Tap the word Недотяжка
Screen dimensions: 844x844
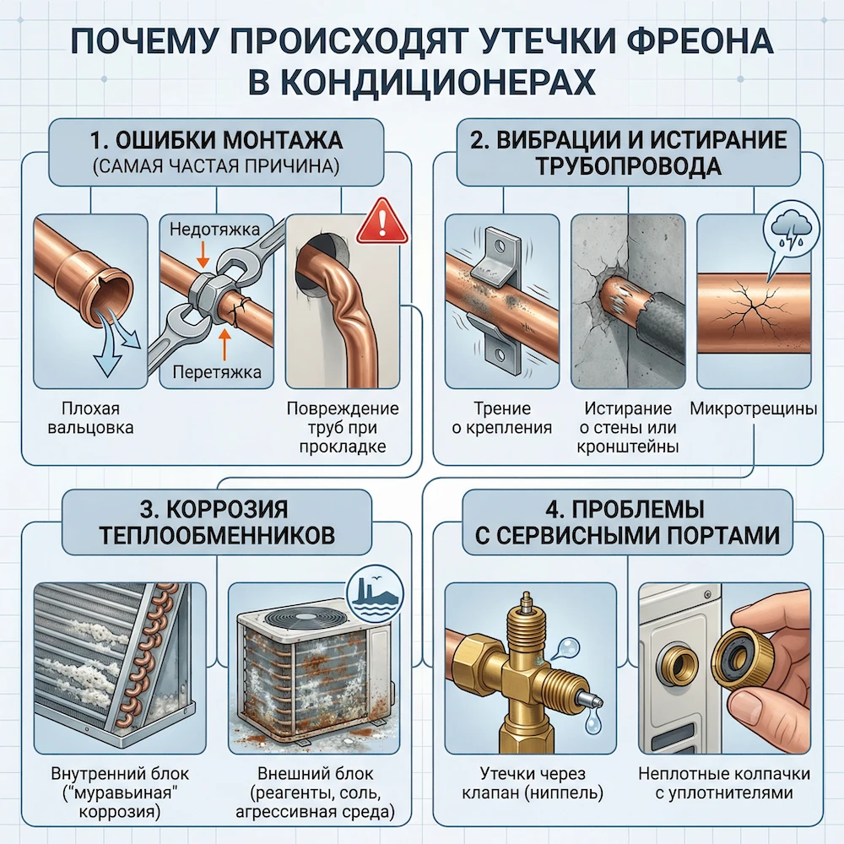pyautogui.click(x=215, y=229)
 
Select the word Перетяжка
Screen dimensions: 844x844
pyautogui.click(x=215, y=372)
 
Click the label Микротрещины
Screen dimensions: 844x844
pyautogui.click(x=753, y=410)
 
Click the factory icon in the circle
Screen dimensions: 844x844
pyautogui.click(x=369, y=587)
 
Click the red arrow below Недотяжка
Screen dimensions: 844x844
pyautogui.click(x=203, y=252)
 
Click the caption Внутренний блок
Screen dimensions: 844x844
pyautogui.click(x=109, y=775)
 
